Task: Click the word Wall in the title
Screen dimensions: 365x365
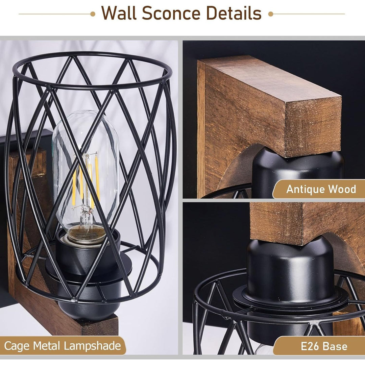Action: point(119,14)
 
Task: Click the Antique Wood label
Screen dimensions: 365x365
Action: point(321,189)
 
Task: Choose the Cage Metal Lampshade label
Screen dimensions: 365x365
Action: point(63,346)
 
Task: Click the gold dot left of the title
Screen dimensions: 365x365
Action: point(93,14)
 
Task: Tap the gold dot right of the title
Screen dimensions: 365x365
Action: point(270,14)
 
